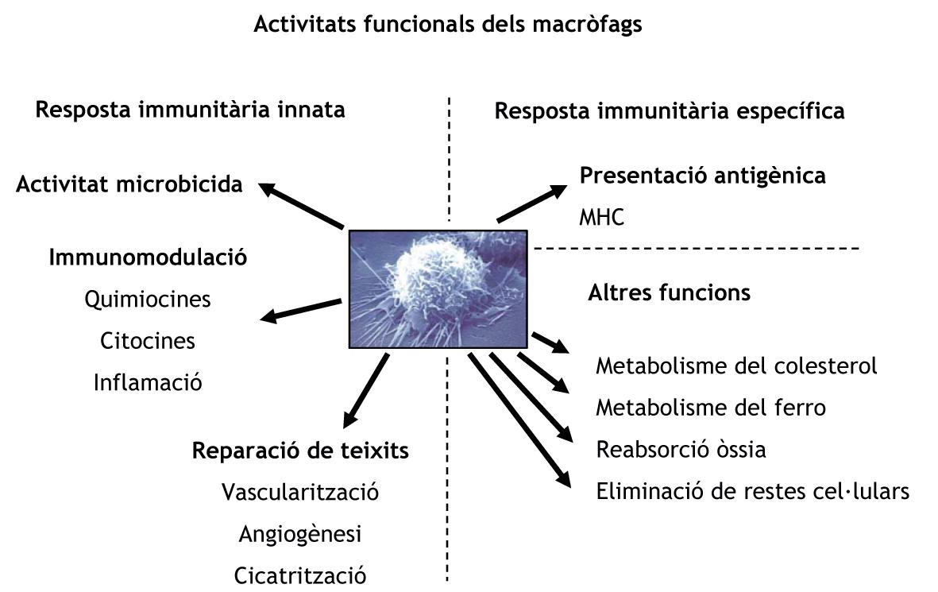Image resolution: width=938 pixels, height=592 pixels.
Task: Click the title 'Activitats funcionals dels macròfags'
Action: pos(447,25)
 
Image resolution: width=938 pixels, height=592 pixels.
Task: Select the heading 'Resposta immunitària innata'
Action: pos(191,109)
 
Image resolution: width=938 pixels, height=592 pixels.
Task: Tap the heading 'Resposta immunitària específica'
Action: pos(670,110)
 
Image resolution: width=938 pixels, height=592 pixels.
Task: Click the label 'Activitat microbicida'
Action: pos(129,185)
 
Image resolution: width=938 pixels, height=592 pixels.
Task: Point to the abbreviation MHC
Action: pos(602,217)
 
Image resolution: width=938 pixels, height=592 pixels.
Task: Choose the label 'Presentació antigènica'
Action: pos(703,176)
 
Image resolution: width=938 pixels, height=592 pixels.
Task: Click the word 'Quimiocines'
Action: pos(148,300)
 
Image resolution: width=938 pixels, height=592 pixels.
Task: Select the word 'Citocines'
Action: pos(148,341)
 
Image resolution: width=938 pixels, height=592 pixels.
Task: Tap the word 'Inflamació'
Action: pos(148,382)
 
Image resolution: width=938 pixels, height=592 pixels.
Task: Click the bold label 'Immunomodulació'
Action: pos(148,257)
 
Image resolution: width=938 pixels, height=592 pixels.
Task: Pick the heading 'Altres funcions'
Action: pos(669,292)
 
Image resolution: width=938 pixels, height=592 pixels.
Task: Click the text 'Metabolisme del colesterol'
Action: pos(736,366)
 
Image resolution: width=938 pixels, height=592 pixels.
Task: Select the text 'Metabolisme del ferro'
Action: pos(711,408)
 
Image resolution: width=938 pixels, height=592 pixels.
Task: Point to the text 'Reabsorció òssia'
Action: pos(681,450)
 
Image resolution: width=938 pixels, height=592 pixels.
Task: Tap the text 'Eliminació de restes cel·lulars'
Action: pos(752,491)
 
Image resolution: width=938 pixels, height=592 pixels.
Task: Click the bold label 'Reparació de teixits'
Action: pos(300,451)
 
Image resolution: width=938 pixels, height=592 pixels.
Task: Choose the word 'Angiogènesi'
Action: pos(300,534)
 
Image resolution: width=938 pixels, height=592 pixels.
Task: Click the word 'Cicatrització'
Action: pos(300,575)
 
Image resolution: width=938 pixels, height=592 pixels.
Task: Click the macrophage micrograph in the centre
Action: pos(438,288)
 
